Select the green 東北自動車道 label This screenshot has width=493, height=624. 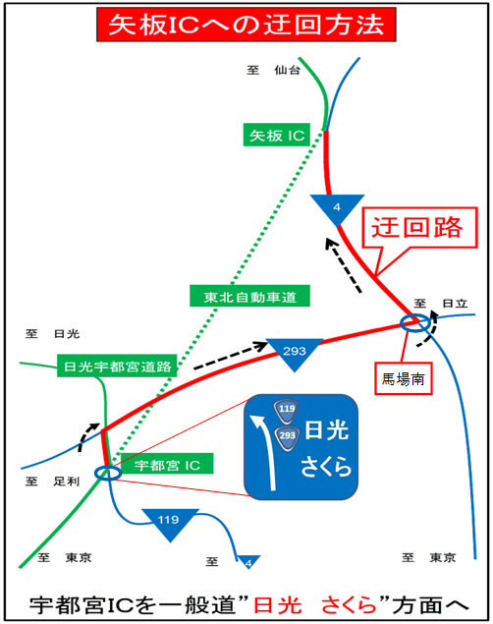coord(245,295)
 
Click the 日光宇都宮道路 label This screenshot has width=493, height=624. coord(116,365)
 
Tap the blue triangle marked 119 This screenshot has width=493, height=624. coord(171,520)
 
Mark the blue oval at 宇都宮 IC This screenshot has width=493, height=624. coord(108,474)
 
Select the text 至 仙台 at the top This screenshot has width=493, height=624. coord(273,70)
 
